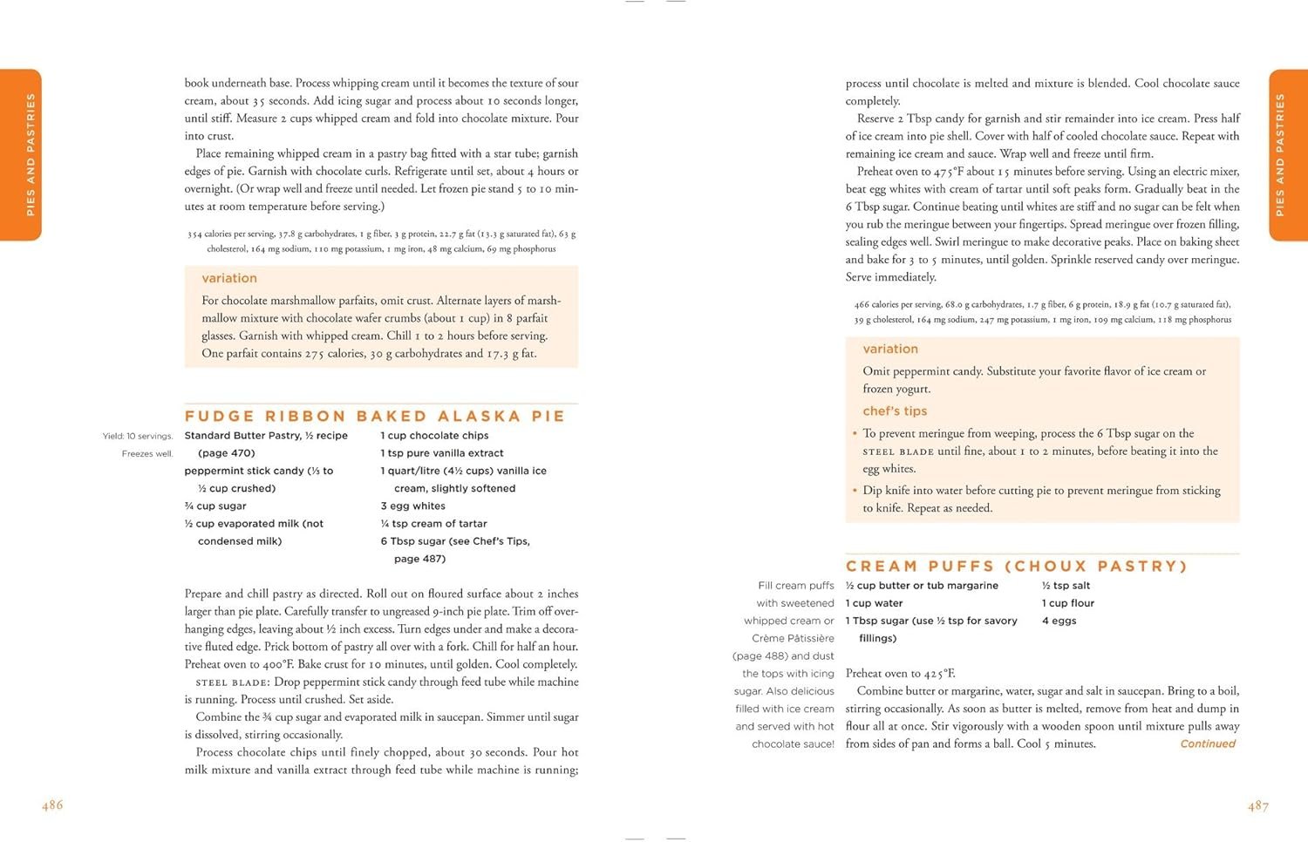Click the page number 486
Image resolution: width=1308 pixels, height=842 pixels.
pos(52,805)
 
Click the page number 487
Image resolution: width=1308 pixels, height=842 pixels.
pos(1258,806)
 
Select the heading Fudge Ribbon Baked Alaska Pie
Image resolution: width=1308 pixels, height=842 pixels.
pos(375,417)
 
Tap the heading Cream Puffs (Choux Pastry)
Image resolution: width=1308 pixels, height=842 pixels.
pos(1017,567)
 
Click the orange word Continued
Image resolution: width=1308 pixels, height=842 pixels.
pos(1208,744)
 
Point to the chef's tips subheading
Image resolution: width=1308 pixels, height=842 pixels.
pos(895,411)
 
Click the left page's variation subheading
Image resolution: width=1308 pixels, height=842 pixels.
pos(229,279)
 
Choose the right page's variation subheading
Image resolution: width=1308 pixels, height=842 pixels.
pos(890,350)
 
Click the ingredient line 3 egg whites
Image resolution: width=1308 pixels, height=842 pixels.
pos(412,506)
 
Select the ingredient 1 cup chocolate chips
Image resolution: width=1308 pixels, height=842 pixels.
pos(434,436)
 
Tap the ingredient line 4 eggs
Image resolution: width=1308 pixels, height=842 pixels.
pos(1059,621)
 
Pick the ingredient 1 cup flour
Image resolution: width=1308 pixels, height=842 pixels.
pos(1067,603)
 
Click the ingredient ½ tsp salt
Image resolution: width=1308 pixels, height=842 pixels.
pos(1066,586)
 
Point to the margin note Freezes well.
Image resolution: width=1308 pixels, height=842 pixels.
pos(147,454)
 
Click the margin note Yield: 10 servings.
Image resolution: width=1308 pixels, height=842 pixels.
pos(138,437)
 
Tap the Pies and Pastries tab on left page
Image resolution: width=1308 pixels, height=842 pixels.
pos(21,155)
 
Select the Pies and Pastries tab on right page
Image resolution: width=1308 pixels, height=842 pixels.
pos(1287,155)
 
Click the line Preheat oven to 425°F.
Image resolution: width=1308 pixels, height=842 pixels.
pos(900,674)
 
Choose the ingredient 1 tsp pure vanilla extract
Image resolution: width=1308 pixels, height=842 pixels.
pos(442,453)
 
